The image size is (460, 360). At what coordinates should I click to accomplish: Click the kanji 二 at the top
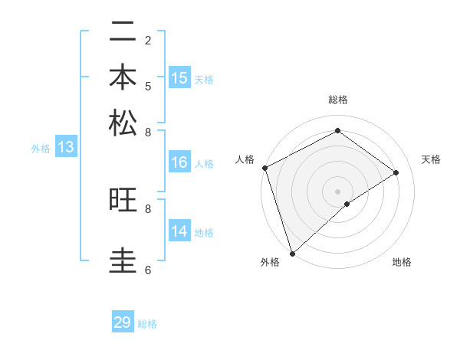123,34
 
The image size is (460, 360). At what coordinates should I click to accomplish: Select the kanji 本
123,79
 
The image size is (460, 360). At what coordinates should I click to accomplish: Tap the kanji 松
123,123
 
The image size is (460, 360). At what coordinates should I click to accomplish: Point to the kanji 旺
123,201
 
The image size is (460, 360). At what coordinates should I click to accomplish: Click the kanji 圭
123,260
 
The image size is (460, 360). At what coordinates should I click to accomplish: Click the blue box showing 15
179,78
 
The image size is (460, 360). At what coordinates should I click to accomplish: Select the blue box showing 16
179,162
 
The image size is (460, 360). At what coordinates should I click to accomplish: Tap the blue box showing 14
179,231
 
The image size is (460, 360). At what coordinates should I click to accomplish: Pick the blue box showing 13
66,148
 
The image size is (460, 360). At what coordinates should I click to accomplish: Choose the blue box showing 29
123,322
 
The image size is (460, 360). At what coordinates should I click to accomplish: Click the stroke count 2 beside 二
147,40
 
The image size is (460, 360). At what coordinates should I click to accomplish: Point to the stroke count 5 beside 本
147,85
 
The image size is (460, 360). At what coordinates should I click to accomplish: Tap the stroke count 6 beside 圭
147,270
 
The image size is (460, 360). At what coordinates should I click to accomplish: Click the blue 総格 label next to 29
147,324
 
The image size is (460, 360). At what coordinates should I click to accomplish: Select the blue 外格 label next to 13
41,149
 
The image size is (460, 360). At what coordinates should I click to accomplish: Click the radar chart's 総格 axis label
337,100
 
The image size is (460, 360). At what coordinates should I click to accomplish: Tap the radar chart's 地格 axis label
402,262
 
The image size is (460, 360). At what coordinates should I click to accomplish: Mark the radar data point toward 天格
396,172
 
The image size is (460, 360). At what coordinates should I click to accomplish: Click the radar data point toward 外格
292,252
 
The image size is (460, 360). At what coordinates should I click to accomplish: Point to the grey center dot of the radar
337,191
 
